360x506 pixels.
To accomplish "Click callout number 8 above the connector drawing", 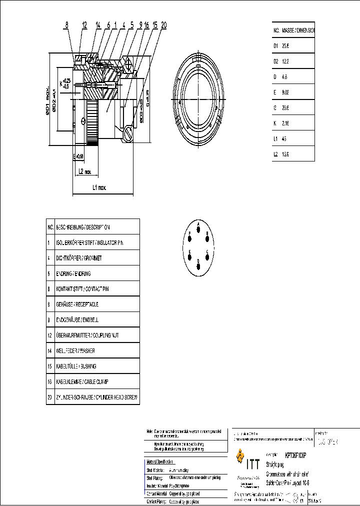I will click(x=66, y=24).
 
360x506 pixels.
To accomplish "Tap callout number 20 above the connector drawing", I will click(x=164, y=24).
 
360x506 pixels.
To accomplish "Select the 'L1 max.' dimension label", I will click(x=99, y=187).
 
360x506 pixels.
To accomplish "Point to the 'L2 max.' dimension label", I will click(x=84, y=171).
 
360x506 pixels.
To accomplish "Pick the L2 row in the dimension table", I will click(x=293, y=154).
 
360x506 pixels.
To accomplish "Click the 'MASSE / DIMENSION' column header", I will click(x=298, y=30).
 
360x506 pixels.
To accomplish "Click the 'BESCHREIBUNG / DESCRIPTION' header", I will click(x=82, y=226).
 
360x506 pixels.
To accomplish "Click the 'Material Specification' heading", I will click(x=160, y=461).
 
